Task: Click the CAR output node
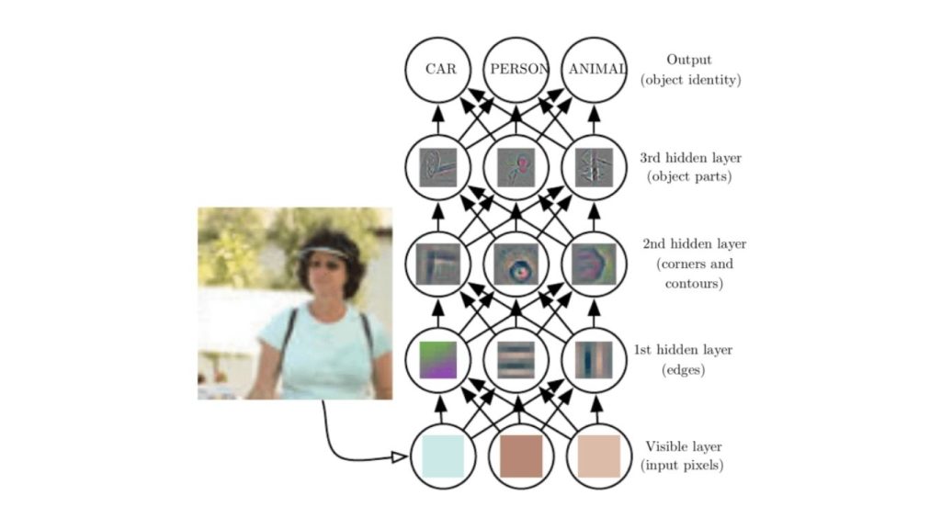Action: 437,68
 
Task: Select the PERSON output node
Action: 516,68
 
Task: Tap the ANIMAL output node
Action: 595,68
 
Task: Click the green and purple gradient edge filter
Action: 437,359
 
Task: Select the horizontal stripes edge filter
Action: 516,359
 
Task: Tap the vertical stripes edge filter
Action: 595,359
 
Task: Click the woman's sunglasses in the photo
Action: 325,264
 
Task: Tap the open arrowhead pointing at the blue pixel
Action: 400,456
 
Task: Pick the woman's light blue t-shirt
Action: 322,354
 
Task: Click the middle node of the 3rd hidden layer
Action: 516,167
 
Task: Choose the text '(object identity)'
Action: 690,80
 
